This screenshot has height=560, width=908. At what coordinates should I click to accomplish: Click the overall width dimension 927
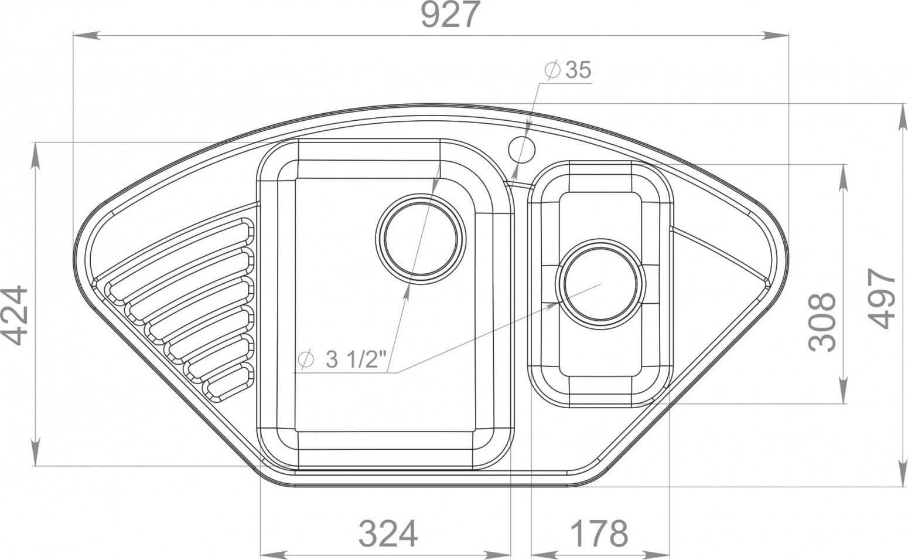click(x=450, y=15)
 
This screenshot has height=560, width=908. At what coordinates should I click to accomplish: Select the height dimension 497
click(x=882, y=298)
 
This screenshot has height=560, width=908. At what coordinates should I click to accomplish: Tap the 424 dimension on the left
click(x=14, y=315)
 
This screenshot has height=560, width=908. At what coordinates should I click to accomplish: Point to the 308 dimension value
click(x=822, y=322)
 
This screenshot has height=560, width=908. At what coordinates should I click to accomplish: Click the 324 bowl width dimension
click(x=388, y=534)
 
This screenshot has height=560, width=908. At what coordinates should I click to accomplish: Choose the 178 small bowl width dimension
click(x=599, y=534)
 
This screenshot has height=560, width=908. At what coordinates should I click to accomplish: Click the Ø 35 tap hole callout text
click(x=568, y=70)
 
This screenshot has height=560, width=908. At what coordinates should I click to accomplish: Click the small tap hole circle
click(x=522, y=150)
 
